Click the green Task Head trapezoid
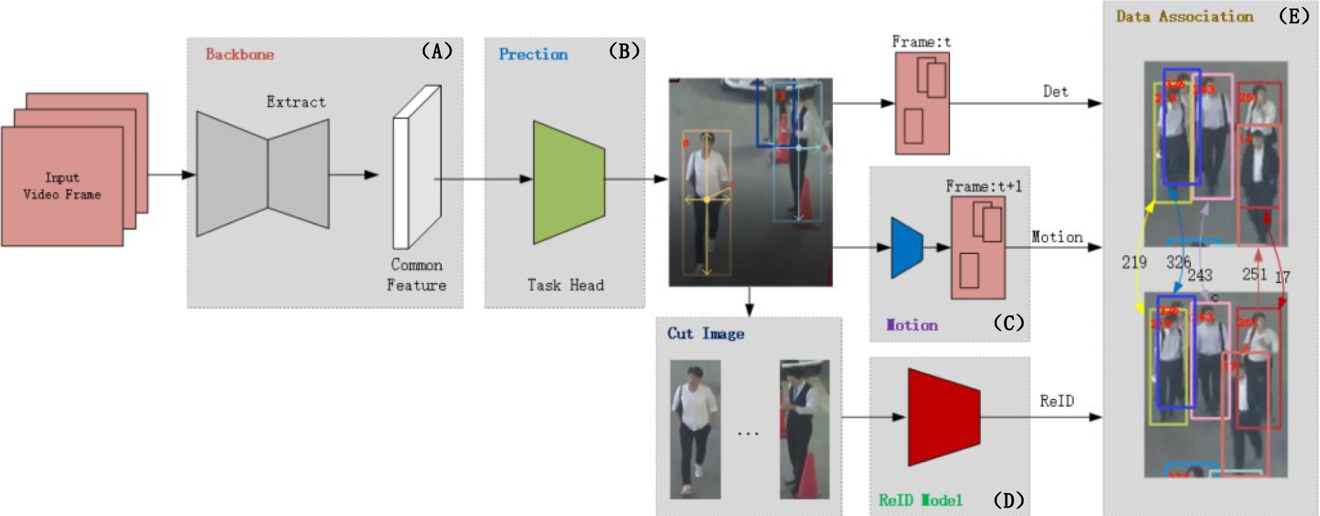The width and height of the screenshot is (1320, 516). tap(568, 182)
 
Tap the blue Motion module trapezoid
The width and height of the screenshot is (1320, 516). tap(907, 248)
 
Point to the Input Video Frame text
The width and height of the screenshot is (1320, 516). tap(62, 186)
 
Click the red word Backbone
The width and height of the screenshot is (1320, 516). tap(240, 55)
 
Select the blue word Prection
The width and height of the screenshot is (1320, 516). tap(533, 55)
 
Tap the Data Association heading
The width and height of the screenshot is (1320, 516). tap(1184, 17)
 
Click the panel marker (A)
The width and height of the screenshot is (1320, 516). tap(436, 51)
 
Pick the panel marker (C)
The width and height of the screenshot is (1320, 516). tap(1008, 323)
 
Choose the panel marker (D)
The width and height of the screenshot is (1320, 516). tap(1008, 501)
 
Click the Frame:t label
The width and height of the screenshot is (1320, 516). tap(921, 42)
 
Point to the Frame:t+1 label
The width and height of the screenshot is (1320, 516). tap(984, 187)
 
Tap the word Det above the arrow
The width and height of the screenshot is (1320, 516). tap(1055, 92)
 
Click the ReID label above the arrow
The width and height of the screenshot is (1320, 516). tap(1057, 401)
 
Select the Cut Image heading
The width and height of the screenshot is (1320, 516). tap(706, 334)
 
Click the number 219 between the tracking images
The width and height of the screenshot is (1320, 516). tap(1134, 263)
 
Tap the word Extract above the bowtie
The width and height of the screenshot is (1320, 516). tap(296, 102)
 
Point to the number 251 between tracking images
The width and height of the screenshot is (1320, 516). tap(1254, 274)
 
